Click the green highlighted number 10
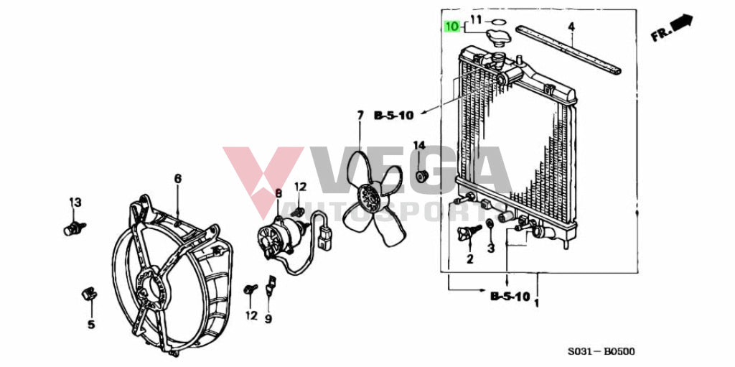point(452,27)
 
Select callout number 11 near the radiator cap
point(477,19)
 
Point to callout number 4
point(571,27)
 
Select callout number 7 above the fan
point(360,115)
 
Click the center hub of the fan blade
point(370,199)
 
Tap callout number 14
point(418,146)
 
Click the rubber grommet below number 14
point(422,177)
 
